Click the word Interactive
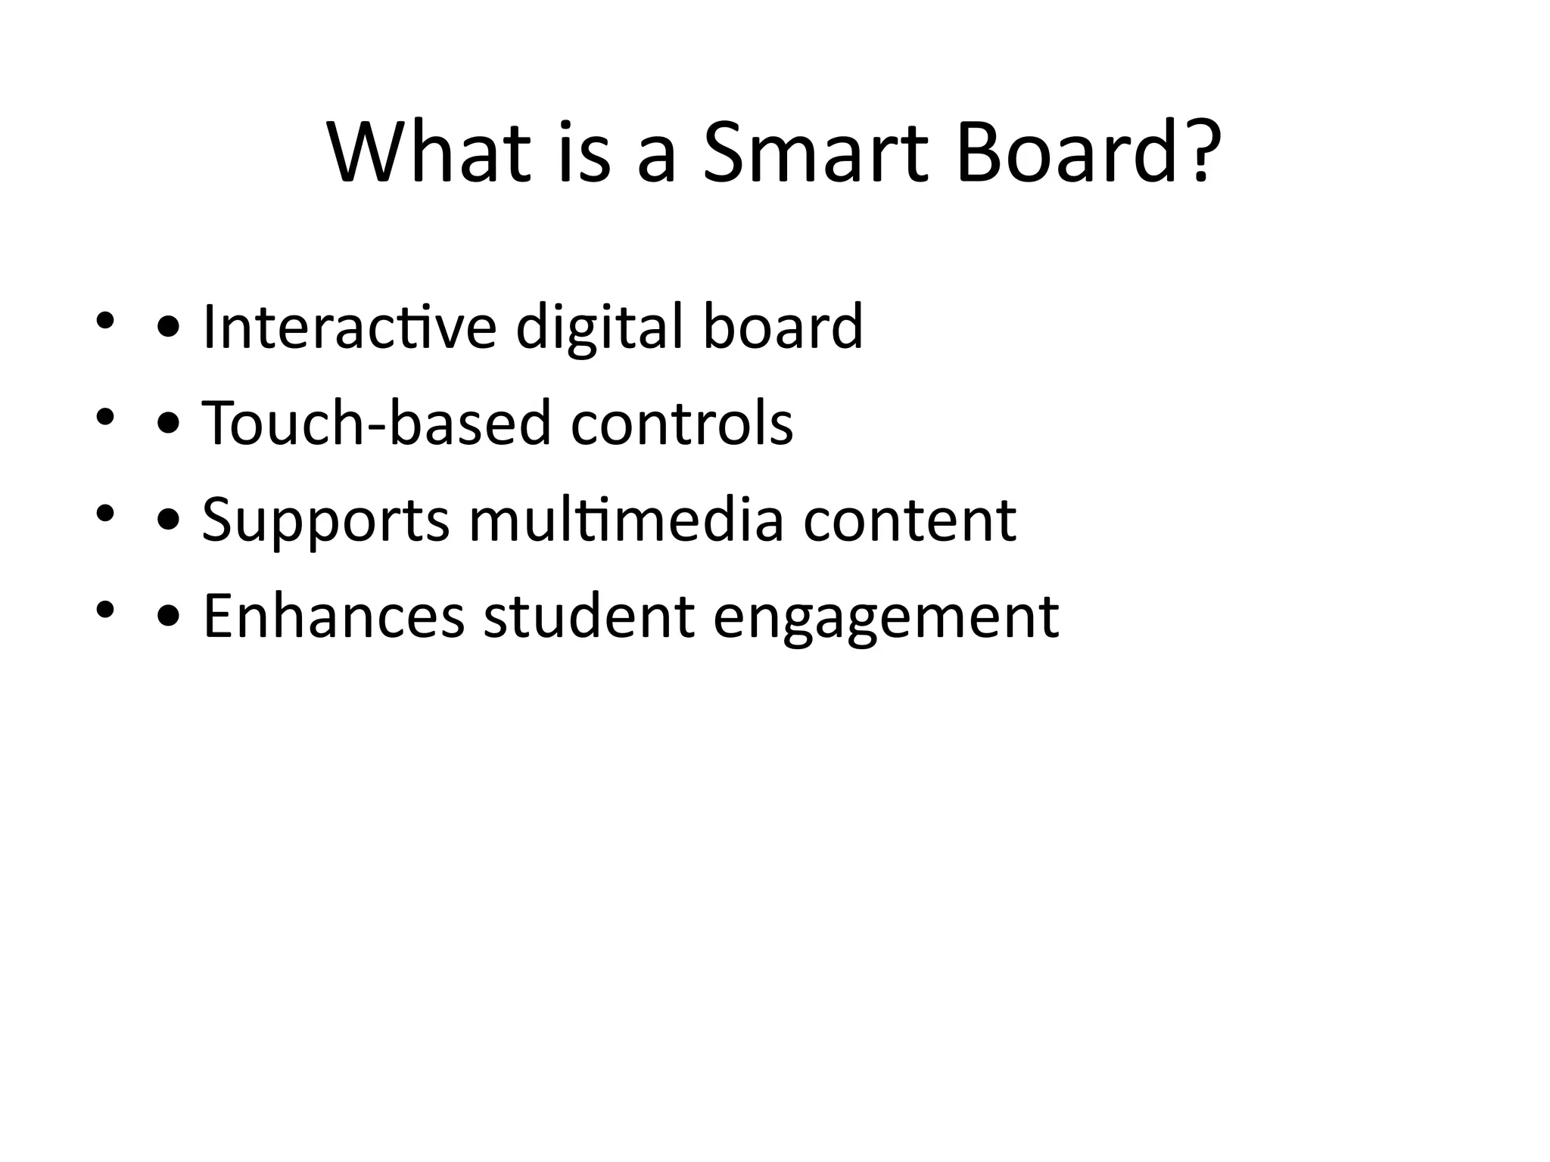350,327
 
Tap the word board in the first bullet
783,327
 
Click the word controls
682,423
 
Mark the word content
910,520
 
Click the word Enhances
334,617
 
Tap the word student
589,617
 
